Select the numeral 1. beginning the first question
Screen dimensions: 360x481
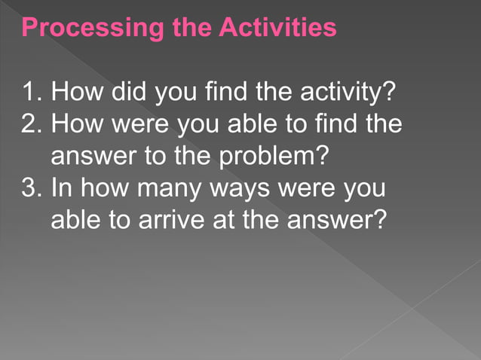pyautogui.click(x=32, y=96)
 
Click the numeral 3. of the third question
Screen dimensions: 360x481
pyautogui.click(x=32, y=188)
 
